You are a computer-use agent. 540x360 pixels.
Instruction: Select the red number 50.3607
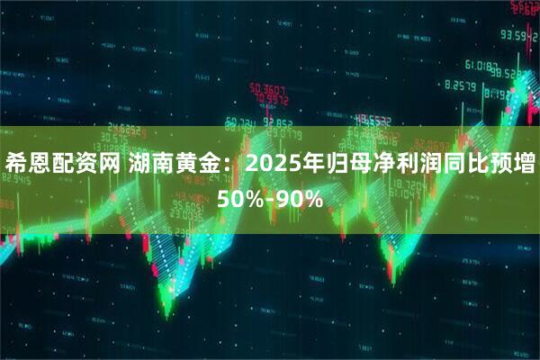(x=268, y=89)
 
